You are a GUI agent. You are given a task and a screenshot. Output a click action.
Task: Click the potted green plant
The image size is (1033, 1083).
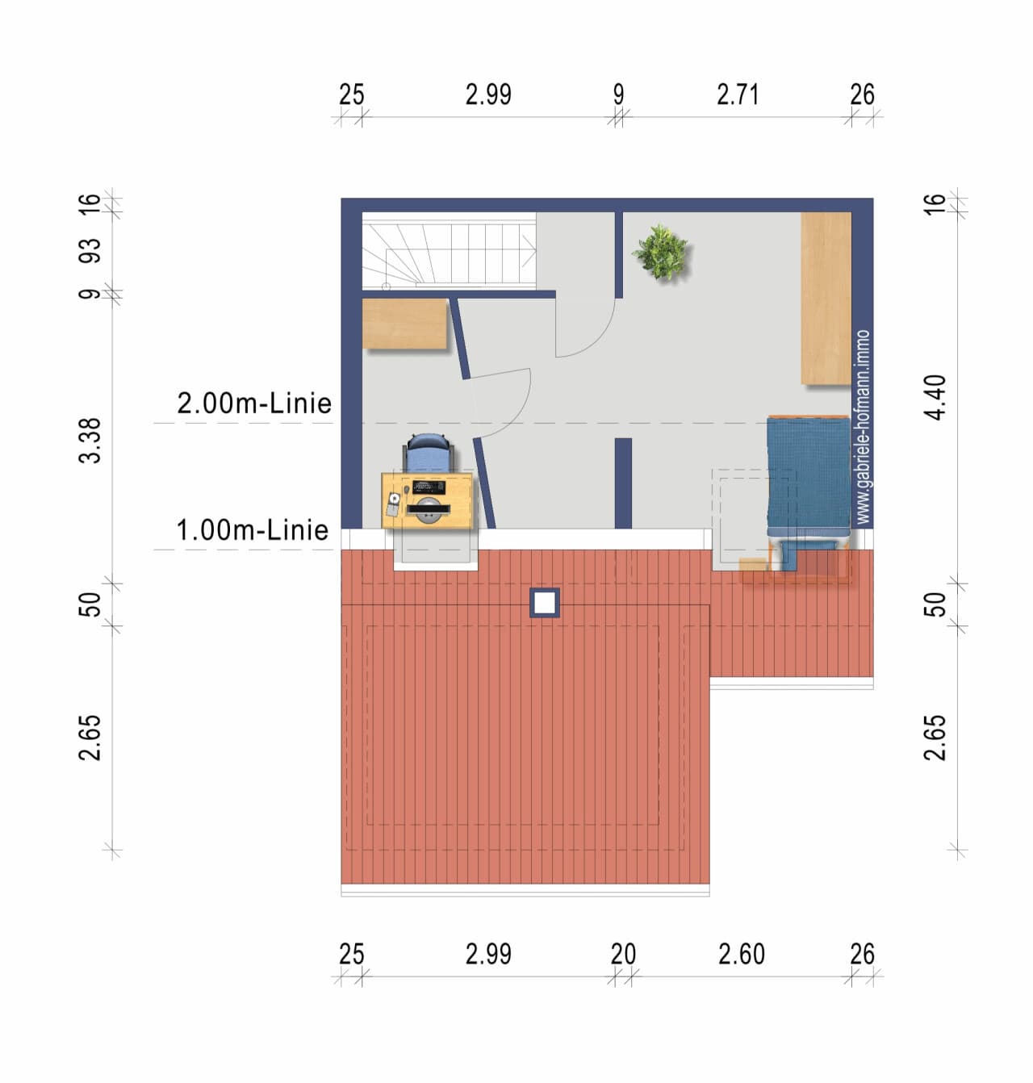click(661, 253)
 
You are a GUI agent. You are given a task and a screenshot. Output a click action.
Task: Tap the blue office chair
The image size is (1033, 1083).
click(428, 452)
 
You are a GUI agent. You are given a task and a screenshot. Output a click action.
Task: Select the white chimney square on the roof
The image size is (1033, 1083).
click(545, 603)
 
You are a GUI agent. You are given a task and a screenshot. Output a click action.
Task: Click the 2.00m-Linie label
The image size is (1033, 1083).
click(254, 404)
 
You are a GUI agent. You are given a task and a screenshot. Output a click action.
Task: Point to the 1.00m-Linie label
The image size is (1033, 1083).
click(253, 530)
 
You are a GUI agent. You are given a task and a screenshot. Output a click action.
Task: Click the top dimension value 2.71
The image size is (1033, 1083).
click(738, 94)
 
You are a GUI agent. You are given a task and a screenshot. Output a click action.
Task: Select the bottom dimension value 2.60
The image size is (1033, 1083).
click(741, 954)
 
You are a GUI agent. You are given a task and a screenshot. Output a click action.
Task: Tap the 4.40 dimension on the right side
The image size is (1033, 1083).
click(935, 397)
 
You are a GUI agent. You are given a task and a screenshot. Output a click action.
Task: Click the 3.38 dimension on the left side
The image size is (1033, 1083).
click(90, 440)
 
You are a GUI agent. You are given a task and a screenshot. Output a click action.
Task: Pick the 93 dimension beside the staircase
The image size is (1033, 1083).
click(90, 251)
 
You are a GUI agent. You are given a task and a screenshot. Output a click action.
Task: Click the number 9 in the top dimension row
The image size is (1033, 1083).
click(619, 94)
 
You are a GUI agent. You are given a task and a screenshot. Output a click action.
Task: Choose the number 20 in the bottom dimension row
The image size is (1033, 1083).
click(623, 954)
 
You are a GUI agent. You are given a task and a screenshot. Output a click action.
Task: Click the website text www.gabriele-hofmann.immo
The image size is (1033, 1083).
click(863, 427)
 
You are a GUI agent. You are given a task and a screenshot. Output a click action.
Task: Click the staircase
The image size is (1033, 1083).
click(449, 251)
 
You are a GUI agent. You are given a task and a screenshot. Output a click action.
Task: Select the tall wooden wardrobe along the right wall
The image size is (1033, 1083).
click(826, 298)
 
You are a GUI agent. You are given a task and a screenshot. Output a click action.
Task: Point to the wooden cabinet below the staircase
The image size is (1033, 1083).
click(404, 324)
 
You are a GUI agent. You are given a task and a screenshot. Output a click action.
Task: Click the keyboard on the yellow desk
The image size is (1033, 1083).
click(429, 487)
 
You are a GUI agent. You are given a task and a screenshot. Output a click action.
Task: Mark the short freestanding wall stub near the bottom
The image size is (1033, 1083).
click(623, 483)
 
